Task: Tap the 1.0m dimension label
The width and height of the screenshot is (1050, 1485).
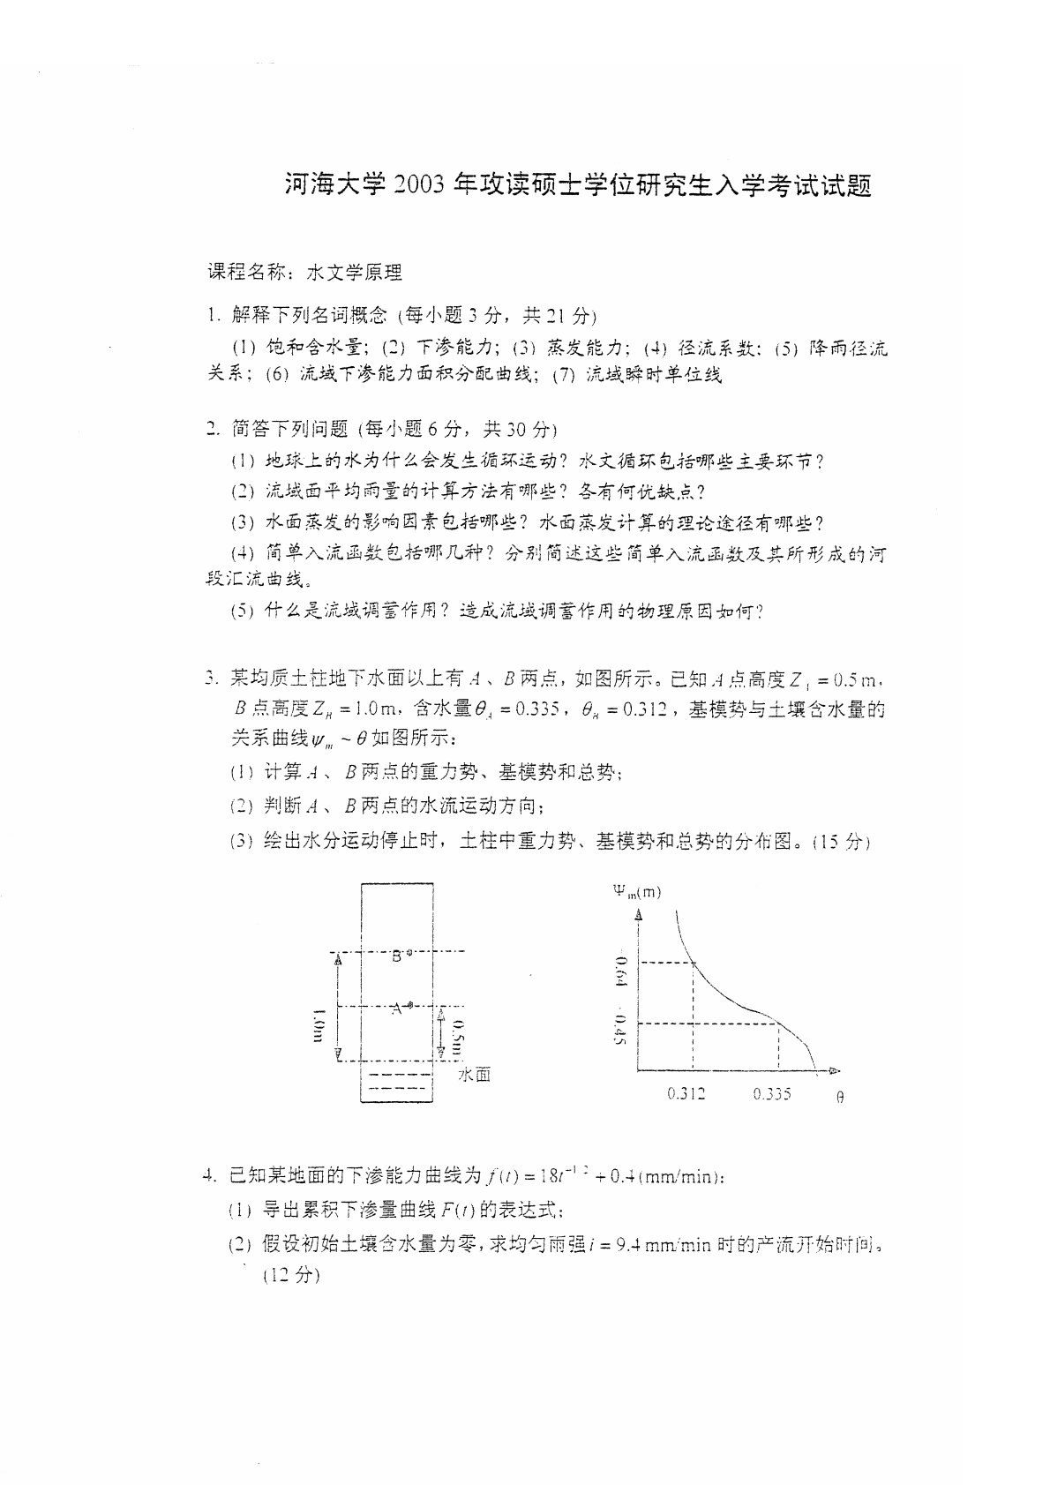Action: point(319,1025)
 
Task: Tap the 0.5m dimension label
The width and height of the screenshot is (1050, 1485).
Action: point(455,1039)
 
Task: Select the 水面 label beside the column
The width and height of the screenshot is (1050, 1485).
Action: point(474,1074)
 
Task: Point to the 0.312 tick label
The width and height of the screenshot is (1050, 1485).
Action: point(686,1094)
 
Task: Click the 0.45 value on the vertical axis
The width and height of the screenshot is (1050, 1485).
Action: point(619,1031)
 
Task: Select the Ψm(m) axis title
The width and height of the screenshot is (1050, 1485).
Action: point(636,891)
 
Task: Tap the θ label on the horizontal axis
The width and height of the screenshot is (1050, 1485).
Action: point(839,1098)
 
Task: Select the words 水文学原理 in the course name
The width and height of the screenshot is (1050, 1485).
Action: point(354,273)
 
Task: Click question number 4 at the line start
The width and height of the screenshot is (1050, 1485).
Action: point(210,1175)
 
